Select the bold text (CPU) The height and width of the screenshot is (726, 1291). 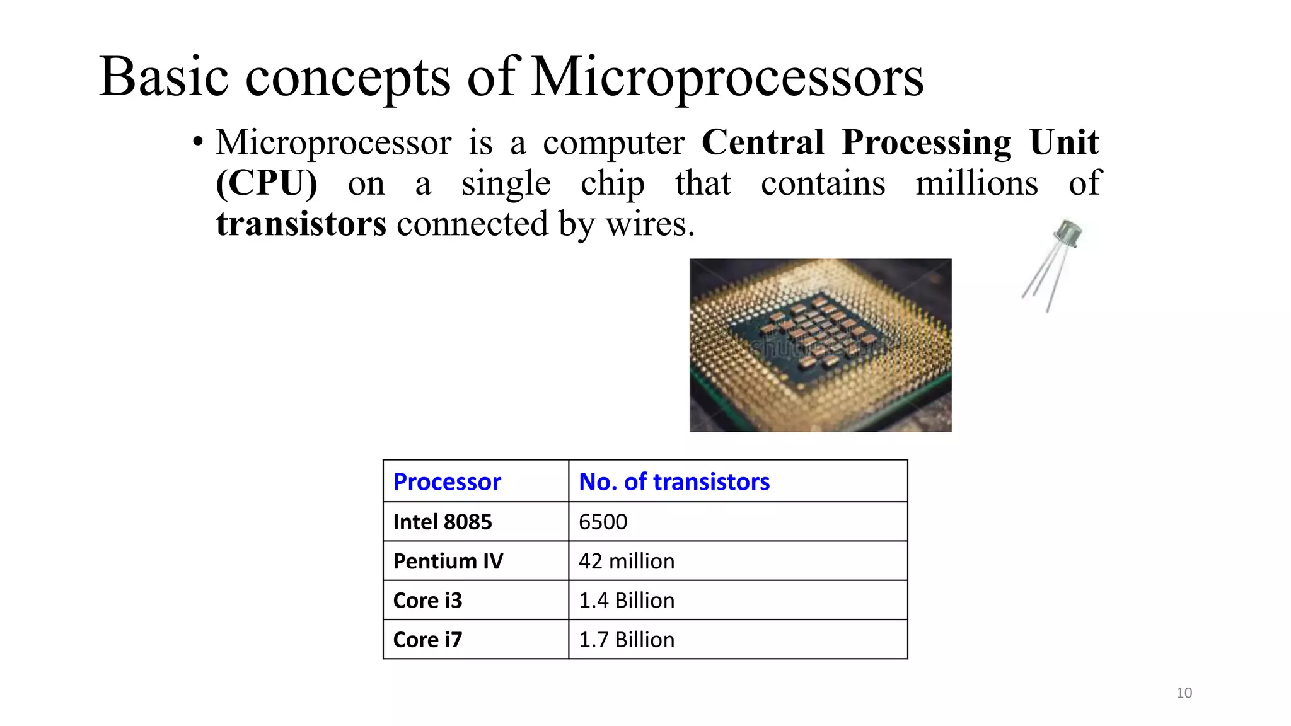pyautogui.click(x=267, y=183)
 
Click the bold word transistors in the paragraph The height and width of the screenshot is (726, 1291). pyautogui.click(x=301, y=224)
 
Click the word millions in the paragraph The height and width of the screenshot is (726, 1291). pyautogui.click(x=976, y=183)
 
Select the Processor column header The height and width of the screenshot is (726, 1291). pyautogui.click(x=447, y=481)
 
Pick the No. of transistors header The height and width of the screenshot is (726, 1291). pyautogui.click(x=674, y=481)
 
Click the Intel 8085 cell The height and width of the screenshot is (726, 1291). pyautogui.click(x=443, y=522)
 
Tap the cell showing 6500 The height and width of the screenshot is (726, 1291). pyautogui.click(x=603, y=522)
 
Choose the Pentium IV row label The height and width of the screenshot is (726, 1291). pyautogui.click(x=448, y=561)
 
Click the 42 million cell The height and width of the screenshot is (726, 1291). pyautogui.click(x=627, y=561)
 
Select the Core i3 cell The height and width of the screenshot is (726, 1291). pyautogui.click(x=427, y=600)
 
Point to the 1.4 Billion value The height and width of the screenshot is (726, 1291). pyautogui.click(x=627, y=600)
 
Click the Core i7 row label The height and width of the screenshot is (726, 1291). pyautogui.click(x=427, y=640)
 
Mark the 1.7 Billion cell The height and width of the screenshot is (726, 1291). pyautogui.click(x=627, y=640)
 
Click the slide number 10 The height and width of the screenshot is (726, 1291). pyautogui.click(x=1184, y=693)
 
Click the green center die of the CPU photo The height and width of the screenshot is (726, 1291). pyautogui.click(x=813, y=334)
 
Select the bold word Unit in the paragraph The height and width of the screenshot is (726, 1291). pyautogui.click(x=1064, y=142)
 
